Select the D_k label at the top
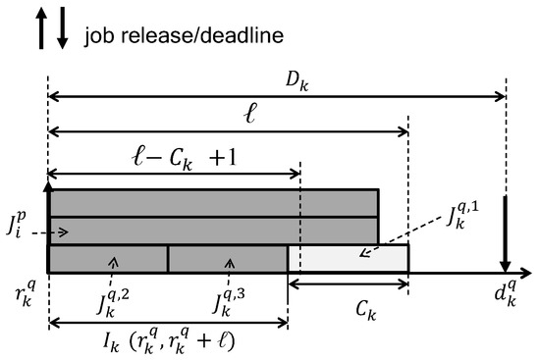274,77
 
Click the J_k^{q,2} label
105,297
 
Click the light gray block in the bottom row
348,258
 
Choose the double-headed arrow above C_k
348,284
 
